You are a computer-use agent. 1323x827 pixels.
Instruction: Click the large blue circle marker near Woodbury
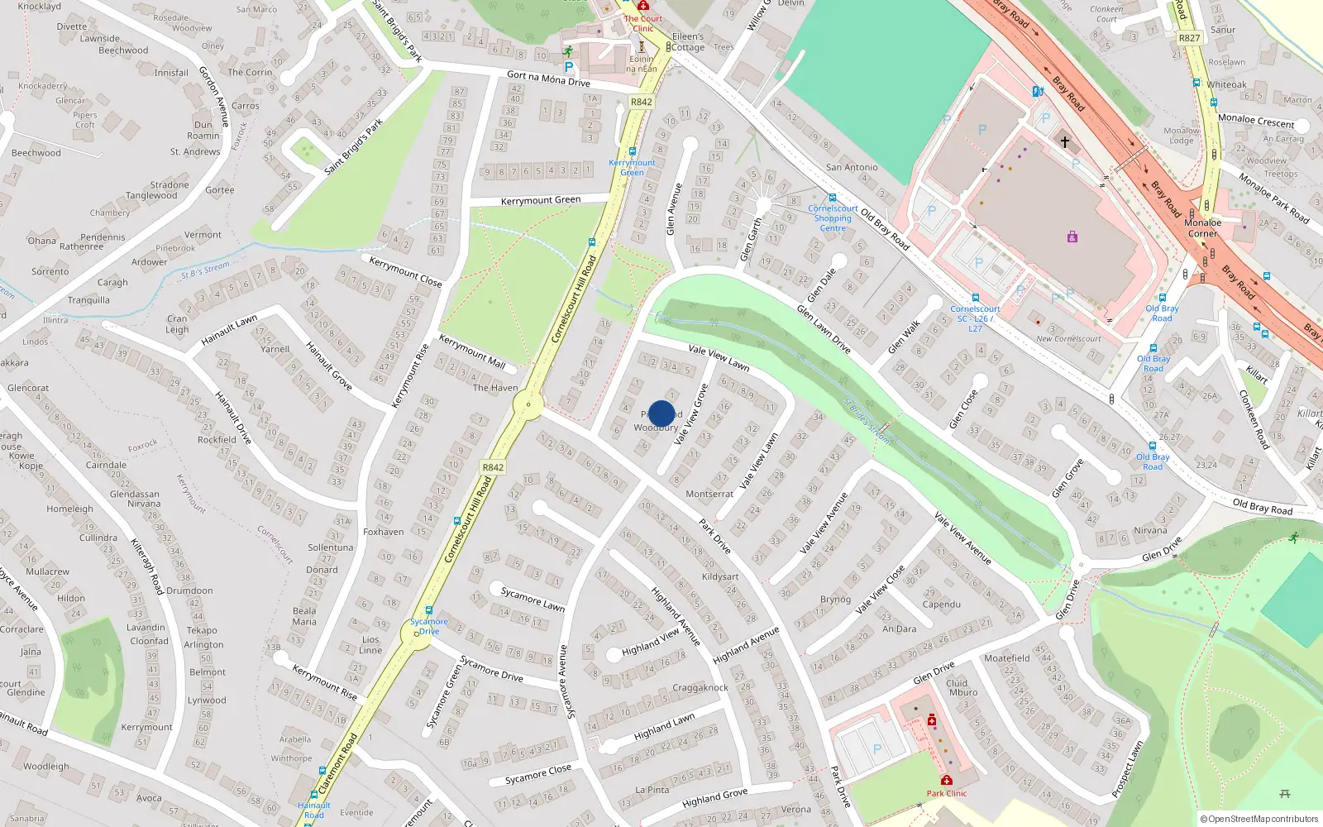coord(661,413)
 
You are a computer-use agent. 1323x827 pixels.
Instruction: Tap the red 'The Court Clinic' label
coord(643,23)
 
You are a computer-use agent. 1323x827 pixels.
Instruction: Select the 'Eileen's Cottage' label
coord(688,42)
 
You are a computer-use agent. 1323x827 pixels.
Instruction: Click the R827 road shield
coord(1189,38)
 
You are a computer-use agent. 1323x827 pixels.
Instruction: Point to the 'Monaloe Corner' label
coord(1202,228)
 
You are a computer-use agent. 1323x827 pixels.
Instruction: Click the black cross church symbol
coord(1065,142)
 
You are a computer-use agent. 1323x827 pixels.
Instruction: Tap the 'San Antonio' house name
coord(852,167)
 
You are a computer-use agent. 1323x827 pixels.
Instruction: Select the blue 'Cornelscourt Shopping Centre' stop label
coord(833,218)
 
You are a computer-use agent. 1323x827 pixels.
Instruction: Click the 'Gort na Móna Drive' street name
coord(548,79)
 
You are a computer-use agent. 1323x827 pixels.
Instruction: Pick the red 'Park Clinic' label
coord(947,793)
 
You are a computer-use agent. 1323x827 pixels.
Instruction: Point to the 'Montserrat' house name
coord(709,494)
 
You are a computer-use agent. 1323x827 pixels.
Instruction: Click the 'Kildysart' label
coord(720,576)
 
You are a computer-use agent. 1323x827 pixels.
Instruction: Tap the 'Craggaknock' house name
coord(700,687)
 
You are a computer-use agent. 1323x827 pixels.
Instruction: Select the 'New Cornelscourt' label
coord(1068,338)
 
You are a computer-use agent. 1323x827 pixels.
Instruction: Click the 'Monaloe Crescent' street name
coord(1256,121)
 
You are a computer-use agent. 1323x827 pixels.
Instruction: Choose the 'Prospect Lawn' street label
coord(1127,770)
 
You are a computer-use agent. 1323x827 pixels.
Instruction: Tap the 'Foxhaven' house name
coord(384,532)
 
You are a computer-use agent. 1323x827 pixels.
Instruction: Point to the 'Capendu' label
coord(942,605)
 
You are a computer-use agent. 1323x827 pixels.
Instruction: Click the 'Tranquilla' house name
coord(88,300)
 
